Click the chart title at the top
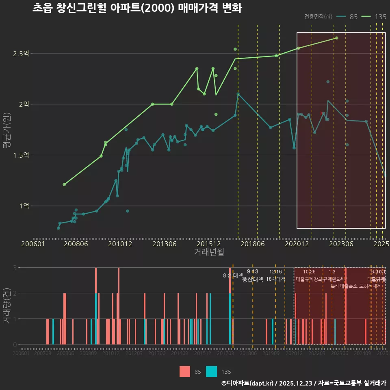[137, 8]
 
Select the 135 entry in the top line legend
[380, 17]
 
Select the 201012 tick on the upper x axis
[120, 244]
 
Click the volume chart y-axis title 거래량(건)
[6, 306]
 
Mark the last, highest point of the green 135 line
[336, 38]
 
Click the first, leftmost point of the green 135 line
[64, 184]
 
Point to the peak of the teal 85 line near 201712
[238, 94]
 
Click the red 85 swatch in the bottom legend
[185, 371]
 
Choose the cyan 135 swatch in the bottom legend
[212, 371]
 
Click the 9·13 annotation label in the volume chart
[252, 271]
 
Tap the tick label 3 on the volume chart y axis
[15, 267]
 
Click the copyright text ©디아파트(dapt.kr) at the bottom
[248, 383]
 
